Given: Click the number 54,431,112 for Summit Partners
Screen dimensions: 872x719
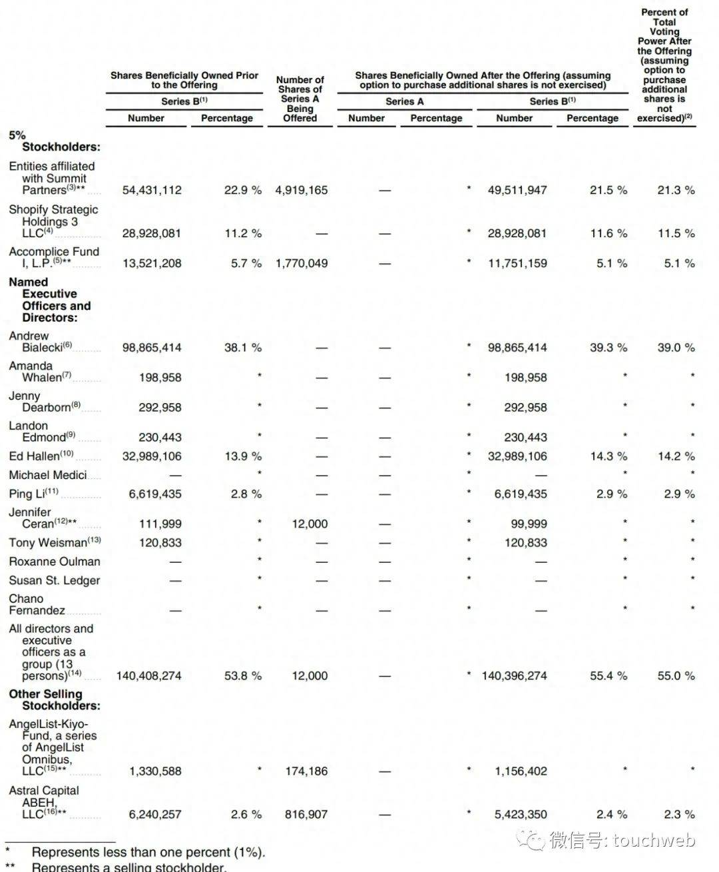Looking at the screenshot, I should tap(152, 190).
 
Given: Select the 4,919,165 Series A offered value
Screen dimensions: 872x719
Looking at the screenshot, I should tap(302, 190).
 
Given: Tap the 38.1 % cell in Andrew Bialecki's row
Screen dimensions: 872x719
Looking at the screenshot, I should tap(243, 347).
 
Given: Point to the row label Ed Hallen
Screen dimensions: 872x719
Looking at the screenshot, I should tap(41, 456).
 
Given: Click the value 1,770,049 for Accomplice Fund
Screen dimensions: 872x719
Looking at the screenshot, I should tap(302, 263).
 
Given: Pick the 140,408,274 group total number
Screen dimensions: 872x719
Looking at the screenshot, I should tap(148, 675).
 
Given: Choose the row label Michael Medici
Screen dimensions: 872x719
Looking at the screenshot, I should tap(47, 475).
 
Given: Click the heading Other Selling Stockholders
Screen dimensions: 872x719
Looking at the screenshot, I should tap(54, 699).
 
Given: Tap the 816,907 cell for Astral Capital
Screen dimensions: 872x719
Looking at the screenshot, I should tap(306, 814).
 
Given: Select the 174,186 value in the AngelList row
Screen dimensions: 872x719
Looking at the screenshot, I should tap(306, 771).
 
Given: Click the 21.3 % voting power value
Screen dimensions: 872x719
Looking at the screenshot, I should tap(676, 190).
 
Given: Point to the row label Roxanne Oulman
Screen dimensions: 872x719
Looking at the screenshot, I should tap(55, 562).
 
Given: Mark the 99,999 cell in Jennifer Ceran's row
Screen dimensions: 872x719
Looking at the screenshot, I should tap(529, 524).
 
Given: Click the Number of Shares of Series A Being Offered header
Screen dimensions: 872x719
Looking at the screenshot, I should tap(300, 99).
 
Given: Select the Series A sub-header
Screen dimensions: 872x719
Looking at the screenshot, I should tap(404, 101).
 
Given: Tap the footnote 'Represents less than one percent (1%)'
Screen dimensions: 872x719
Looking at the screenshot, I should tap(148, 852).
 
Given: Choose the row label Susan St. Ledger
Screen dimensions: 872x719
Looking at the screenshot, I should tap(55, 580).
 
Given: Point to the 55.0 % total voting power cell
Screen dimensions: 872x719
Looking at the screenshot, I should tap(676, 675).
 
